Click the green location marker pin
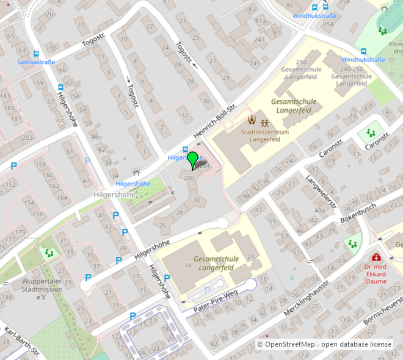[193, 160]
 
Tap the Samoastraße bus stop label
[36, 62]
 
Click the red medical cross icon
[377, 257]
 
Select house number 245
[255, 63]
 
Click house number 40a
[320, 210]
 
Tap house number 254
[328, 24]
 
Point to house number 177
[7, 240]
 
